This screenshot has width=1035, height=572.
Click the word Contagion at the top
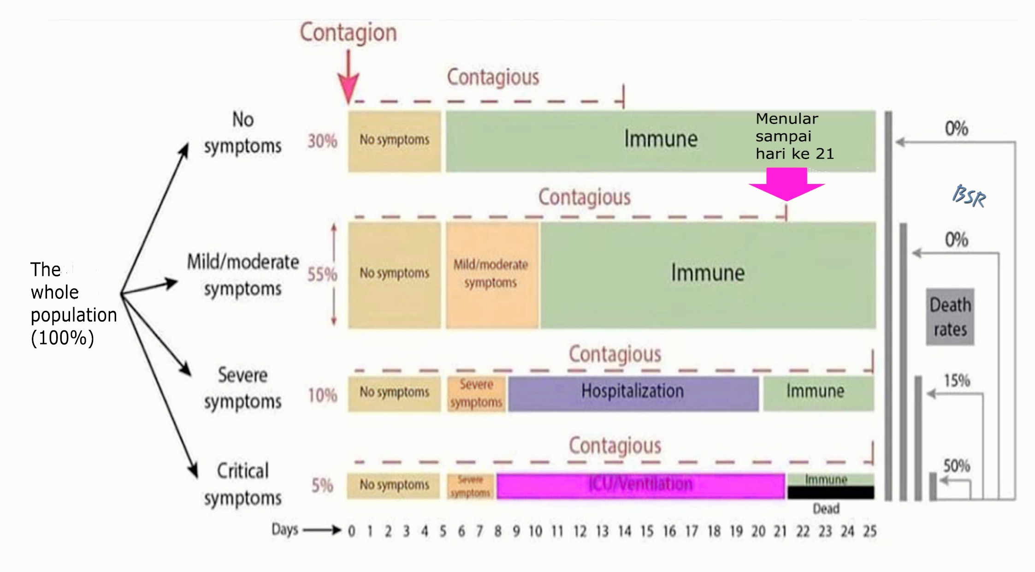[x=348, y=33]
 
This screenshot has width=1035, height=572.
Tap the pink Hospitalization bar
[x=633, y=393]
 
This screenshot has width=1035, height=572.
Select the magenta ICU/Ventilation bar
[x=640, y=486]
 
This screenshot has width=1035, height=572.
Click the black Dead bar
[x=830, y=493]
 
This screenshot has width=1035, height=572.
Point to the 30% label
[x=322, y=141]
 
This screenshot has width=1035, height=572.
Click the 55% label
[x=322, y=274]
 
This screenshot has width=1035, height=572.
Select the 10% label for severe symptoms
[x=322, y=395]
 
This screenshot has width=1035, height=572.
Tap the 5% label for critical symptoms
[x=322, y=485]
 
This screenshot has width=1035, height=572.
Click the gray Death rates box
[x=950, y=317]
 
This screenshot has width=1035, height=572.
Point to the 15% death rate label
[x=957, y=381]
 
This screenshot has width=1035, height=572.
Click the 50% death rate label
[x=956, y=466]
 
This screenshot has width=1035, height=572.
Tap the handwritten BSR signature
[x=969, y=196]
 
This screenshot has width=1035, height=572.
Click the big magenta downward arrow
[x=787, y=184]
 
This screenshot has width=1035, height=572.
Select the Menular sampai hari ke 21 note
[x=794, y=136]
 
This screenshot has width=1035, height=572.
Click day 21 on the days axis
[x=780, y=531]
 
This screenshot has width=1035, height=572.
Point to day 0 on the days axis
[x=351, y=531]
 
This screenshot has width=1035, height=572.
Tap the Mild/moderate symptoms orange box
[x=491, y=275]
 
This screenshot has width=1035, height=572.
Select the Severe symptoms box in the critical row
[x=470, y=486]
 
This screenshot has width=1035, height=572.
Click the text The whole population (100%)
[x=73, y=304]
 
